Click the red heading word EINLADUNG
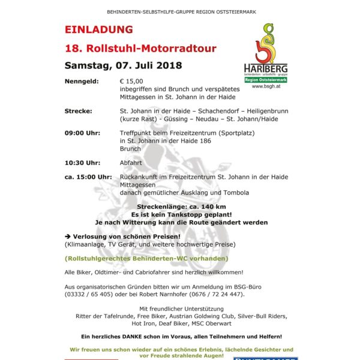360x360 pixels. point(98,29)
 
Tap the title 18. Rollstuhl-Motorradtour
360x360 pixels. point(140,48)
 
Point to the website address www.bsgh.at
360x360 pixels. point(265,86)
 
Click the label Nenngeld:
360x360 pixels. point(82,81)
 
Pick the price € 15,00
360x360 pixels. point(131,81)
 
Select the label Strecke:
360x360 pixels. point(79,111)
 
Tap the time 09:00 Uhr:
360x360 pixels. point(83,134)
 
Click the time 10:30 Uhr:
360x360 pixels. point(83,162)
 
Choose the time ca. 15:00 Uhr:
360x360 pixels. point(88,177)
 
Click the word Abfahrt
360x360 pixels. point(131,162)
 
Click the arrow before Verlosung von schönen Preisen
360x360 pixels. point(68,236)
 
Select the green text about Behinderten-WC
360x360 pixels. point(146,259)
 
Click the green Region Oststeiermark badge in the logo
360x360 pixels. point(265,79)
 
